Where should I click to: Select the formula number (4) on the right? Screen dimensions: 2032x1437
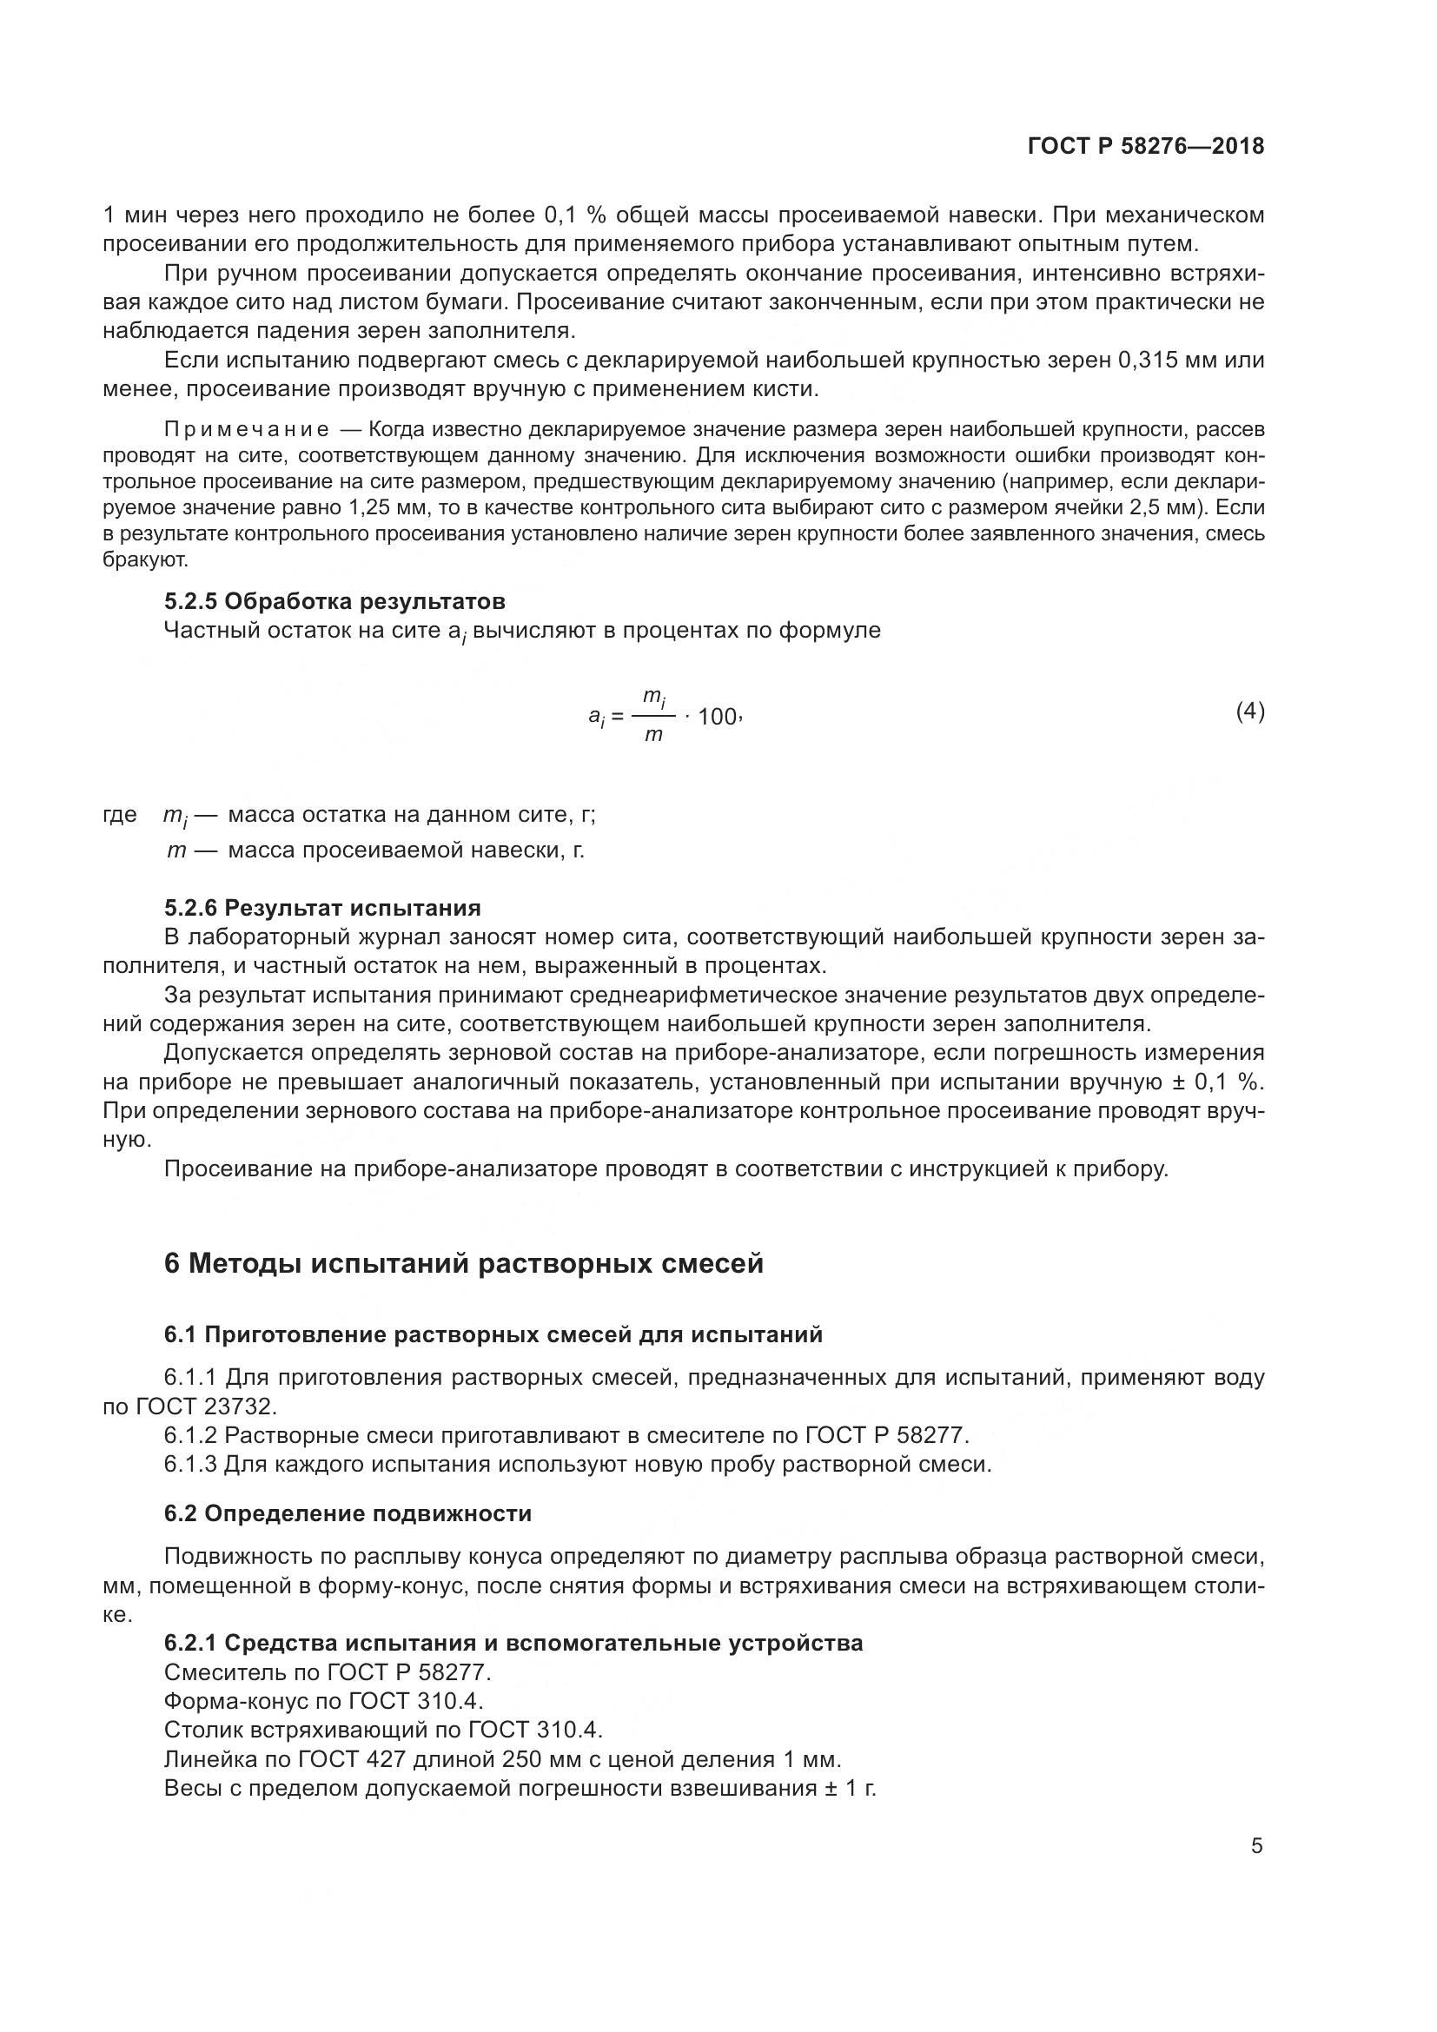click(1249, 712)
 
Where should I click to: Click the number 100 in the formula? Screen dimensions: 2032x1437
click(717, 717)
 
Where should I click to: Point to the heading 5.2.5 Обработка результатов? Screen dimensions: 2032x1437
click(334, 602)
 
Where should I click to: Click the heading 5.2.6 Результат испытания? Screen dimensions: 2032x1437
click(322, 908)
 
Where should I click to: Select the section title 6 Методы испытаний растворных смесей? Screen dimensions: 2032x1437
click(464, 1264)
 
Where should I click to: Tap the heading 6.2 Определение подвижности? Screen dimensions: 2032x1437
click(347, 1513)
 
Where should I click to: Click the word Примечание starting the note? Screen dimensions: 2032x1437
click(247, 430)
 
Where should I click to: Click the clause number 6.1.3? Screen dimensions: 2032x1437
click(190, 1464)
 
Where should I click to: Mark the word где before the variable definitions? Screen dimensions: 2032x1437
click(121, 814)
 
